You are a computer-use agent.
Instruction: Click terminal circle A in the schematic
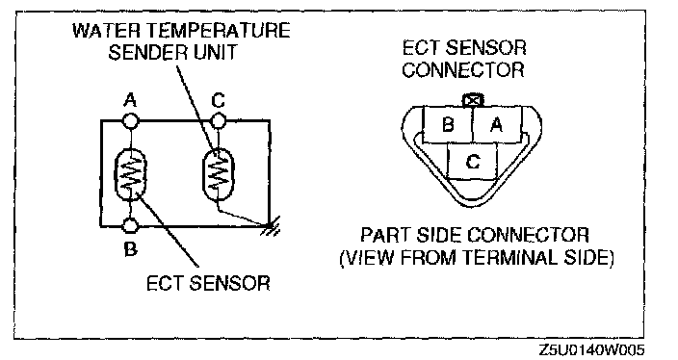[x=131, y=120]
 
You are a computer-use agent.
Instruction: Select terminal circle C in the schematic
[x=219, y=120]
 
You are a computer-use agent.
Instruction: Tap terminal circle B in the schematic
[x=130, y=225]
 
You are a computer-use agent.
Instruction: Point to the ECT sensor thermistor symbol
[x=130, y=173]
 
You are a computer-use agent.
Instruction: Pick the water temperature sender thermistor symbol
[x=219, y=173]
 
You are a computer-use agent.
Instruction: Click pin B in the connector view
[x=448, y=125]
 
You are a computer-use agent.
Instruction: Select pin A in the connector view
[x=497, y=125]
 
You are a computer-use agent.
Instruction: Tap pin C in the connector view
[x=473, y=162]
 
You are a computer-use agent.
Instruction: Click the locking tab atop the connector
[x=473, y=101]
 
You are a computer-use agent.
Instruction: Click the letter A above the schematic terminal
[x=130, y=100]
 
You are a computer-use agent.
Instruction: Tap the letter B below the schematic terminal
[x=130, y=248]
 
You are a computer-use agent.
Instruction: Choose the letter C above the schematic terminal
[x=219, y=100]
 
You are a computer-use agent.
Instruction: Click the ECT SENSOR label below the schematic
[x=208, y=284]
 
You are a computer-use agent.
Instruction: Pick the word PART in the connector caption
[x=385, y=235]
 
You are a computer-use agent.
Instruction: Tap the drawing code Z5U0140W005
[x=591, y=349]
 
